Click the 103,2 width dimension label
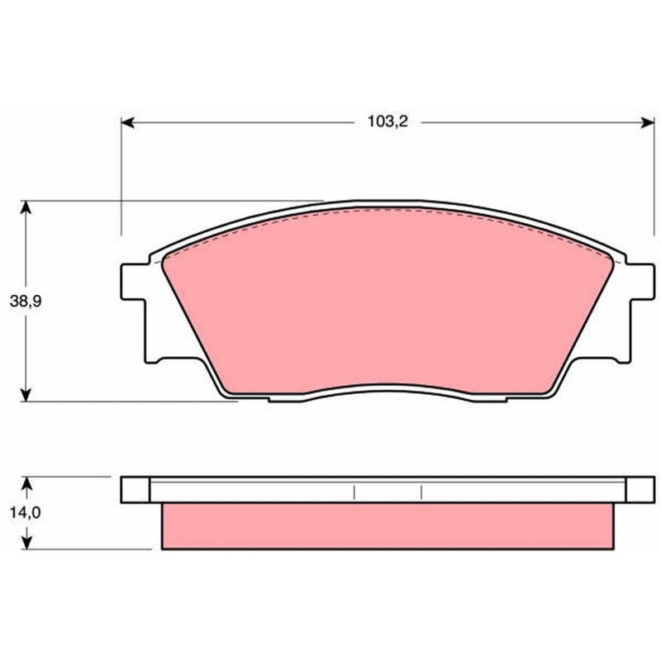[x=388, y=121]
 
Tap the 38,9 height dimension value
[x=26, y=302]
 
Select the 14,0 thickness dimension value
[x=26, y=512]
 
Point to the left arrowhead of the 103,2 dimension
[x=128, y=122]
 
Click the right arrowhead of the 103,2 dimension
[x=648, y=122]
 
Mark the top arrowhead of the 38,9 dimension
[x=26, y=207]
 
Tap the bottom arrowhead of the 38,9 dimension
[x=26, y=395]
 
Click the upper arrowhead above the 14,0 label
[x=26, y=483]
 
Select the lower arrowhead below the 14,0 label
[x=26, y=543]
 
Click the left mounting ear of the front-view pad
[x=134, y=282]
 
